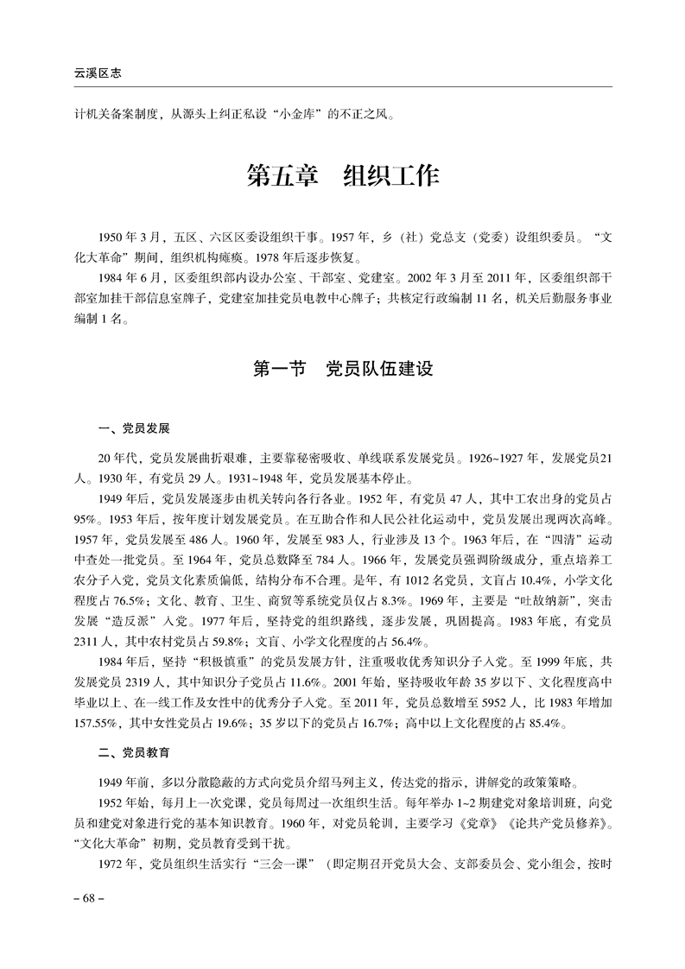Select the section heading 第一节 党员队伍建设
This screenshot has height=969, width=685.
click(x=343, y=369)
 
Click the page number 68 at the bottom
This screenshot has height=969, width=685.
click(x=89, y=900)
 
